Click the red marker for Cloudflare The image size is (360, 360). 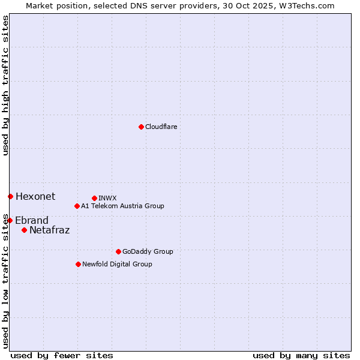pos(141,127)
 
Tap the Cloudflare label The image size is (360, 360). pos(161,127)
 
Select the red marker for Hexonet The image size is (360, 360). pos(10,196)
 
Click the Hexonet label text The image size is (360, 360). pos(35,196)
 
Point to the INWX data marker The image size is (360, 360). pos(94,198)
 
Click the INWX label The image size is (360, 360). pos(107,198)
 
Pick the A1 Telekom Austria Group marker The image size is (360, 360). pos(77,206)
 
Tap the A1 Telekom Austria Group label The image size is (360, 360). pos(122,206)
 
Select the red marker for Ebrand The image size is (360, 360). pos(10,220)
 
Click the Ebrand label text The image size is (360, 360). pos(32,220)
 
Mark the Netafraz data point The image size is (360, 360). pos(24,230)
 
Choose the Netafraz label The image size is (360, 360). pos(49,230)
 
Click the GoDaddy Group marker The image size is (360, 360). pos(118,251)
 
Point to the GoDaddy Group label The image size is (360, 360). pos(148,251)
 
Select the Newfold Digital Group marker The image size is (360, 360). pos(78,264)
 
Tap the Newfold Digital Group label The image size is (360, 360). pos(117,264)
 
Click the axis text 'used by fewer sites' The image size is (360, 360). pos(62,355)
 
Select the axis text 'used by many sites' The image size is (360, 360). pos(301,355)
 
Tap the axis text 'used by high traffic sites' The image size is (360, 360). pos(5,85)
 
